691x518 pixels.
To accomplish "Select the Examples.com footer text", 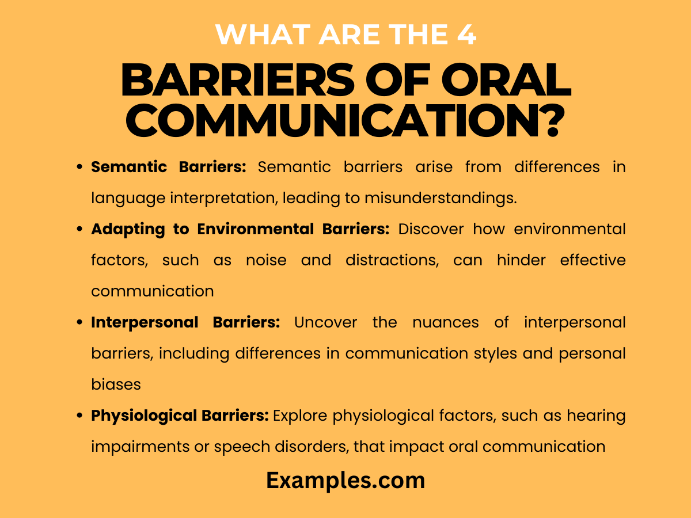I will coord(345,481).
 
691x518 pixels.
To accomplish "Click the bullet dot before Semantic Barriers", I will coord(80,167).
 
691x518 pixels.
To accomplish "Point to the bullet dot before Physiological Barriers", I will coord(80,416).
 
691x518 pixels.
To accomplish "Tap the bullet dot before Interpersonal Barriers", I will coord(80,323).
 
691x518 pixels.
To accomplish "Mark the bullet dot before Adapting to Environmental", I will coord(80,230).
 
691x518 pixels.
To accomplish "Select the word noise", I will coord(265,260).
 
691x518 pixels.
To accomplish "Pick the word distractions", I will coord(392,260).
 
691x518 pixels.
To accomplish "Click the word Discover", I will coord(427,229).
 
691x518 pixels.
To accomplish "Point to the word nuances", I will coord(445,322).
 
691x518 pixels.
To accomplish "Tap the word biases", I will coord(116,384).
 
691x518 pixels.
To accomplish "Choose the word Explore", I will coord(298,416).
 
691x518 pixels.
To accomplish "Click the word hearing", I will coord(596,416).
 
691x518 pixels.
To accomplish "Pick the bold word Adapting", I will coord(119,229).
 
